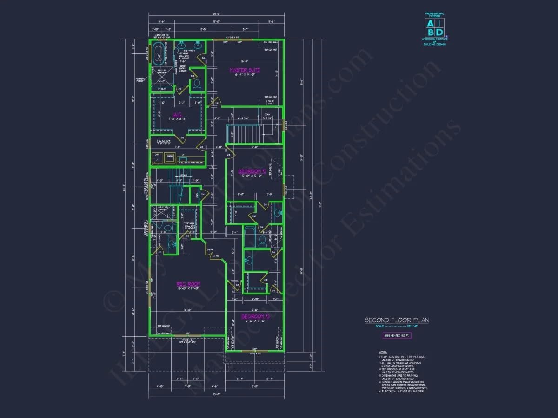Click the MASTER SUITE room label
[x=245, y=70]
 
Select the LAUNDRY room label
[x=163, y=141]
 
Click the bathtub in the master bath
[x=159, y=54]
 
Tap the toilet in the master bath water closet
[x=197, y=85]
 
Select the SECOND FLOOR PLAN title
[x=397, y=320]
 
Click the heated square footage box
[x=397, y=335]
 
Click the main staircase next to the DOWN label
[x=241, y=133]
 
